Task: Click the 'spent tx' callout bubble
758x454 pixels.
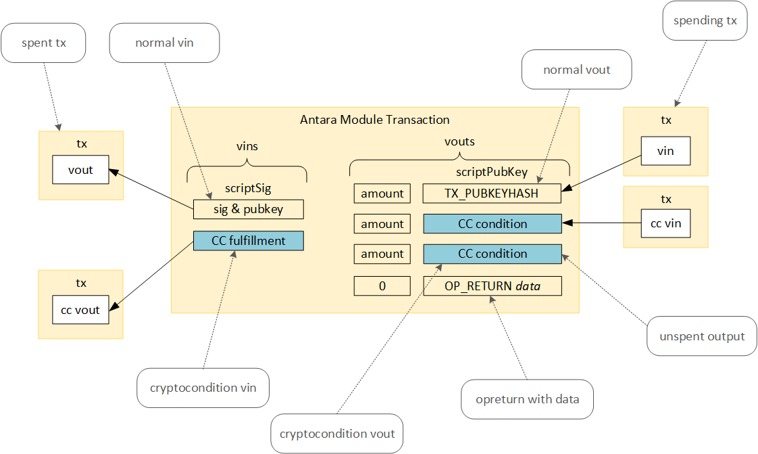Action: (x=45, y=43)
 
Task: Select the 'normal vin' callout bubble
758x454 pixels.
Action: (x=164, y=43)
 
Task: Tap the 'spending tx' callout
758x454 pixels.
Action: (x=705, y=20)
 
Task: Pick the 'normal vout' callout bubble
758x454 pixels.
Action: (x=576, y=69)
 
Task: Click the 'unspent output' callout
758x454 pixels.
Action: (x=702, y=336)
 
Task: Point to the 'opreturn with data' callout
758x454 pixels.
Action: (x=527, y=399)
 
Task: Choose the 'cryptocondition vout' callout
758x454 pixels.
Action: (x=337, y=433)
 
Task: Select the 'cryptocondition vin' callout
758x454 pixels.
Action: (x=202, y=388)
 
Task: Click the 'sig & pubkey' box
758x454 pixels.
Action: (x=248, y=209)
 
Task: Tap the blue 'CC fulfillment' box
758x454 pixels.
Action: (x=248, y=241)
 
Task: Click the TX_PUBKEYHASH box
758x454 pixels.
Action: (x=492, y=194)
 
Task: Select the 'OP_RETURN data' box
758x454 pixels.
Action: (x=492, y=286)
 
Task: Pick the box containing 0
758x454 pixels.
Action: (x=382, y=286)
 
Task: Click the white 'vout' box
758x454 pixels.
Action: (x=80, y=170)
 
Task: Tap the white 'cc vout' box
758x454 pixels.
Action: (x=80, y=310)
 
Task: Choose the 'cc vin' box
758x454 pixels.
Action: (x=665, y=224)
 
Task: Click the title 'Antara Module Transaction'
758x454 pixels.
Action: (x=374, y=120)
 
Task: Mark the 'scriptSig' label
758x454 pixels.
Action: (x=247, y=189)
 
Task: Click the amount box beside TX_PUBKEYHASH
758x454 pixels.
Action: (x=382, y=194)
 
